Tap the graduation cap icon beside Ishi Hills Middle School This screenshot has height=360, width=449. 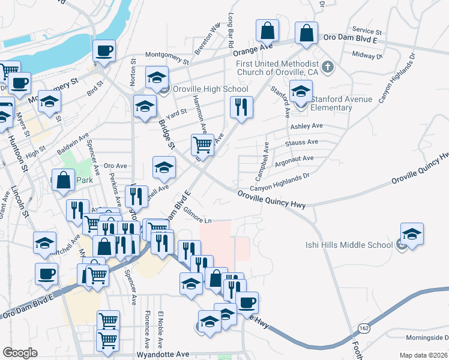(x=412, y=234)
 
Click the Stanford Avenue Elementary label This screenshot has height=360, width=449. (x=340, y=103)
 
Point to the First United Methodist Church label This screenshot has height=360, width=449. (x=277, y=68)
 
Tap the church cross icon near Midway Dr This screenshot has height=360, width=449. (x=328, y=67)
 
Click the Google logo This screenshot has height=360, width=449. (x=20, y=353)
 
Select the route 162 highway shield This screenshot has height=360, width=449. (x=364, y=329)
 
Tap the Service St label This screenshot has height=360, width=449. (x=367, y=30)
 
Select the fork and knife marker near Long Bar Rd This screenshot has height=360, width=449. (x=241, y=107)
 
